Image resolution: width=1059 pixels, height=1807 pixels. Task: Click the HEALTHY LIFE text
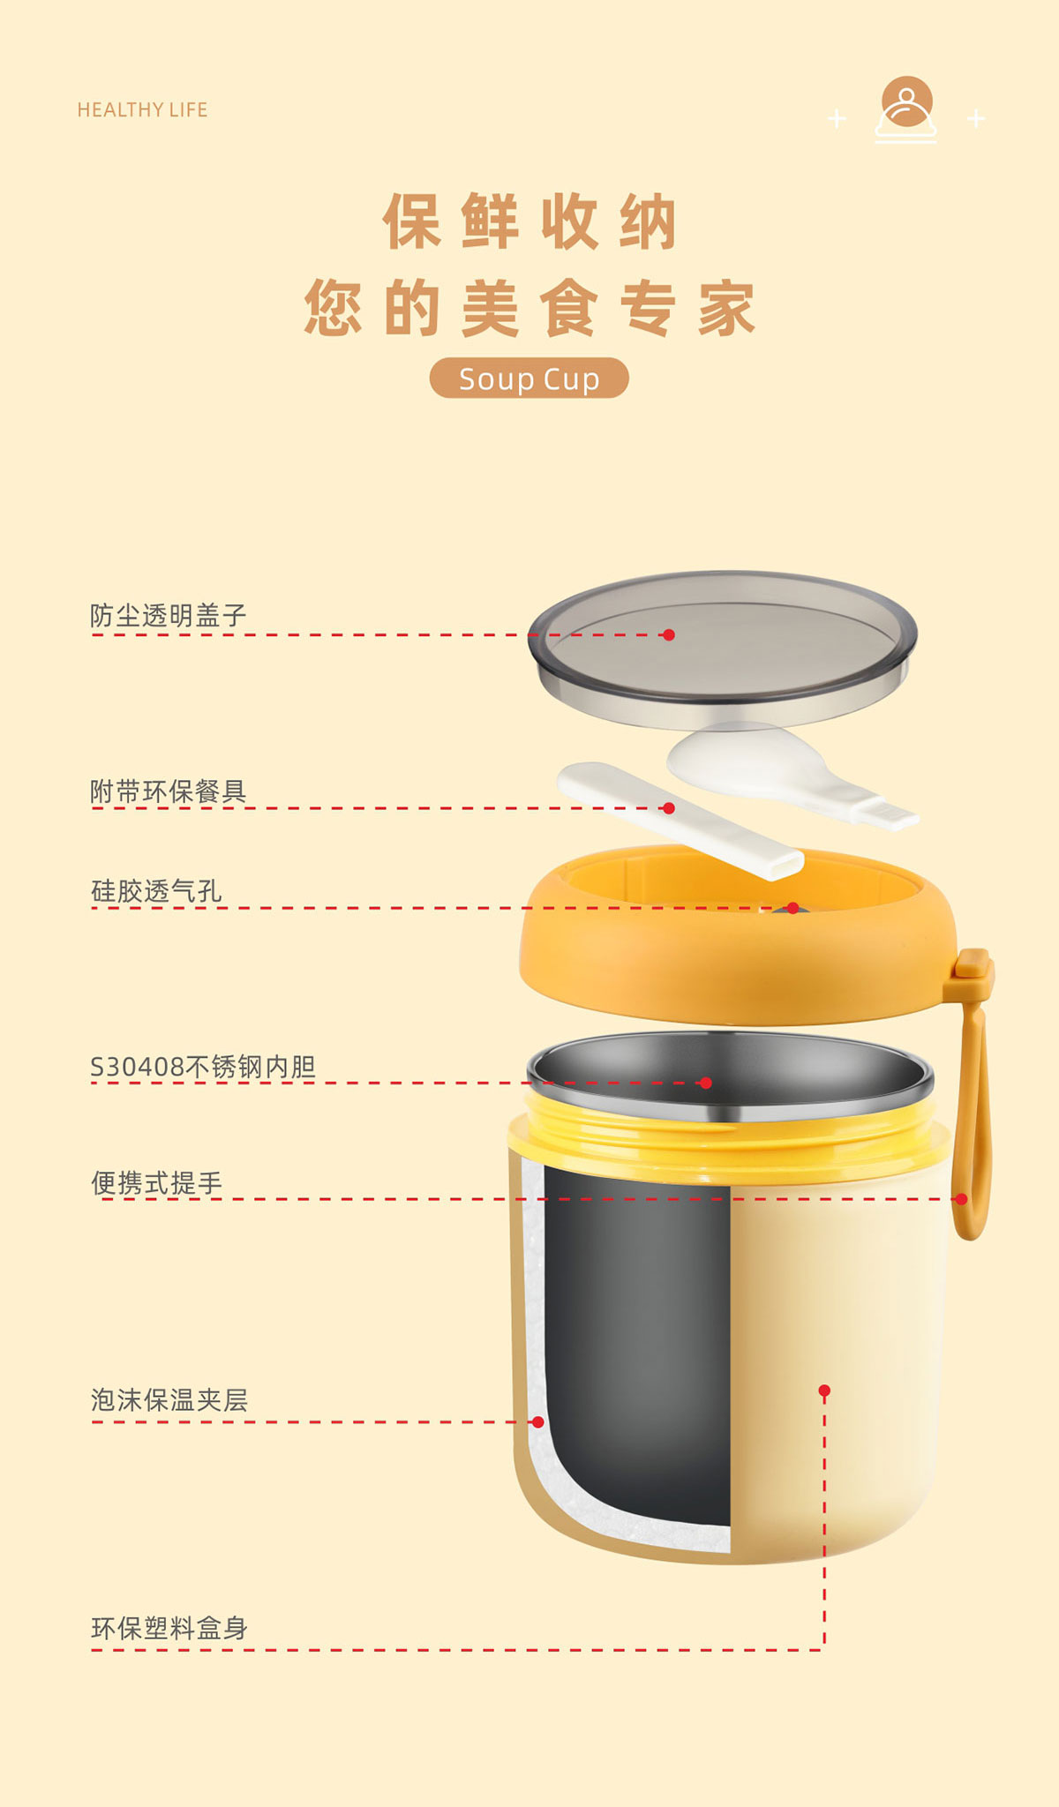pyautogui.click(x=142, y=109)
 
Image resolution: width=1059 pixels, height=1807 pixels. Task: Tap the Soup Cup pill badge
pyautogui.click(x=529, y=379)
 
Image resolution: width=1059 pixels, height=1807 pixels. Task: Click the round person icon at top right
pyautogui.click(x=906, y=101)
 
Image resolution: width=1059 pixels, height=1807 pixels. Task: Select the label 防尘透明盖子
pyautogui.click(x=169, y=615)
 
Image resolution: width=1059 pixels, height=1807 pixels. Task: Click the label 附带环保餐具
pyautogui.click(x=169, y=791)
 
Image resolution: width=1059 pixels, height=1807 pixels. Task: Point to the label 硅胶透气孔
pyautogui.click(x=156, y=891)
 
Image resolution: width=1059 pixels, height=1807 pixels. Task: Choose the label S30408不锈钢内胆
pyautogui.click(x=203, y=1067)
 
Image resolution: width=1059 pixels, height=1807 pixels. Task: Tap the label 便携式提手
pyautogui.click(x=156, y=1183)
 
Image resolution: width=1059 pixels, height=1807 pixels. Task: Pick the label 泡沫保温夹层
pyautogui.click(x=169, y=1400)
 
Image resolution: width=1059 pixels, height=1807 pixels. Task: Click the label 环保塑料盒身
pyautogui.click(x=169, y=1628)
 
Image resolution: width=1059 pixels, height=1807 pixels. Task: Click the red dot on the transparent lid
pyautogui.click(x=669, y=634)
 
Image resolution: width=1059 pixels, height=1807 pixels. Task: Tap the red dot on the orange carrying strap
pyautogui.click(x=961, y=1199)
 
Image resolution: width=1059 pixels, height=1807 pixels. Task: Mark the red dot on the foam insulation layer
pyautogui.click(x=538, y=1421)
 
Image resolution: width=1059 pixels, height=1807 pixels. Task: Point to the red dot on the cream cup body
pyautogui.click(x=824, y=1391)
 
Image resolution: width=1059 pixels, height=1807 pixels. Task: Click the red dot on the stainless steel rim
pyautogui.click(x=706, y=1083)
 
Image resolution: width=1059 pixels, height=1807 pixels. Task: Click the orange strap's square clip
pyautogui.click(x=973, y=963)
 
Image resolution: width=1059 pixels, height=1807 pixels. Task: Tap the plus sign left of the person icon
pyautogui.click(x=837, y=118)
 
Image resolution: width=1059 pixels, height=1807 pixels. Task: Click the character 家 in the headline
pyautogui.click(x=726, y=309)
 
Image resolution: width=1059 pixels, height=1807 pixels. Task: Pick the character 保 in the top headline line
pyautogui.click(x=411, y=221)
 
